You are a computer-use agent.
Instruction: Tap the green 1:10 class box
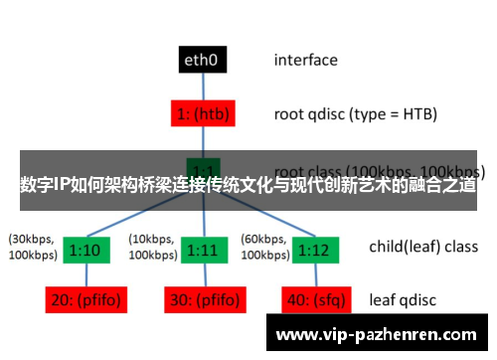point(83,248)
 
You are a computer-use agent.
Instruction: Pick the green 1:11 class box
point(203,248)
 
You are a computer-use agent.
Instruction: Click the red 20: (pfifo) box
point(83,299)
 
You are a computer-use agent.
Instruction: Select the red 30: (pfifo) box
point(203,299)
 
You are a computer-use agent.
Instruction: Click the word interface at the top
point(305,60)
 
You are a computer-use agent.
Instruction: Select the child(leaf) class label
point(422,247)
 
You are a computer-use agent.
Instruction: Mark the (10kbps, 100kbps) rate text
point(153,248)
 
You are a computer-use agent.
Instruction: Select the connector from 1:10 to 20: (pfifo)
point(83,273)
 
